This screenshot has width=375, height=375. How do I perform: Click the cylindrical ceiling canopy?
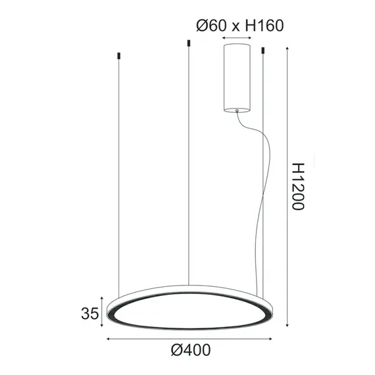point(237,77)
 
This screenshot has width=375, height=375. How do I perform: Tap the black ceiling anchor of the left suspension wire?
point(118,55)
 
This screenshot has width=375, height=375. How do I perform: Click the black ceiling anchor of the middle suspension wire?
point(189,43)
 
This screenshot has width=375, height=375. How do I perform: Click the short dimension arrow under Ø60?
point(237,39)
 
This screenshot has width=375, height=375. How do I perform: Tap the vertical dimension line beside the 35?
point(103,311)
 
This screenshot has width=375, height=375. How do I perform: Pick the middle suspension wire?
point(189,164)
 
